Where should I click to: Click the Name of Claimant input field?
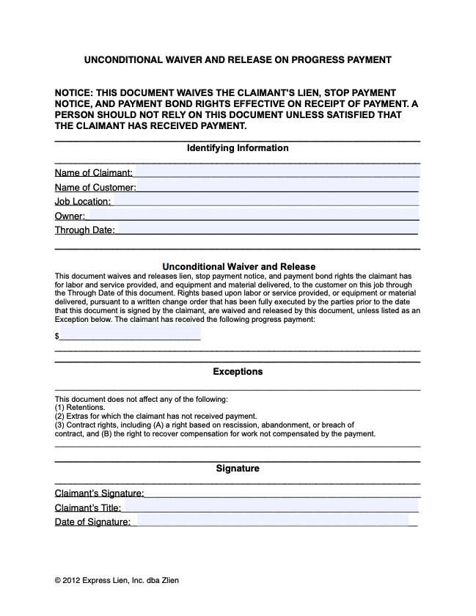point(277,172)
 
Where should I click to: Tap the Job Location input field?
point(266,201)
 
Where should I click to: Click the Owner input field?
point(252,216)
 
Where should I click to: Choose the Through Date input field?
point(267,230)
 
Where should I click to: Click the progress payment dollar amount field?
point(130,335)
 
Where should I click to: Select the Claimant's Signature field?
point(282,493)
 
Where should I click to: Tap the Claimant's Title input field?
point(271,507)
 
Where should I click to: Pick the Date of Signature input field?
point(273,521)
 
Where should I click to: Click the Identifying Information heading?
point(238,148)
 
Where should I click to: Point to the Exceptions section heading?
point(238,372)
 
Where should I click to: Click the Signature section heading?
point(238,468)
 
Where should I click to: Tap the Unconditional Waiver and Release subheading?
point(238,266)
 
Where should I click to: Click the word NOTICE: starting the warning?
point(74,93)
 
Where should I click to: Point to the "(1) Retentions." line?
point(80,407)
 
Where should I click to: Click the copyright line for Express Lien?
point(117,580)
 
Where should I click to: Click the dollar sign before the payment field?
point(56,336)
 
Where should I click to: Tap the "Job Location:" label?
point(83,202)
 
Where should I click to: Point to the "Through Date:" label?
point(84,230)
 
